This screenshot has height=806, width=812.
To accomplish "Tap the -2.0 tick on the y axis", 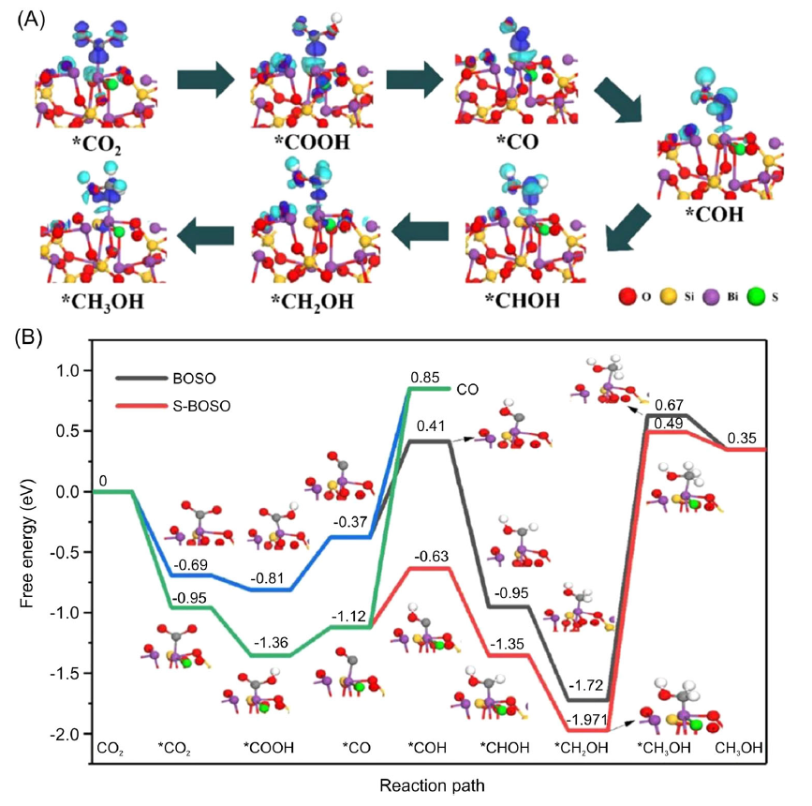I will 63,733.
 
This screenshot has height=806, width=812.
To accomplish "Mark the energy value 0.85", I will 424,378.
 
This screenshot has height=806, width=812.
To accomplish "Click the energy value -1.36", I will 270,642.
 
